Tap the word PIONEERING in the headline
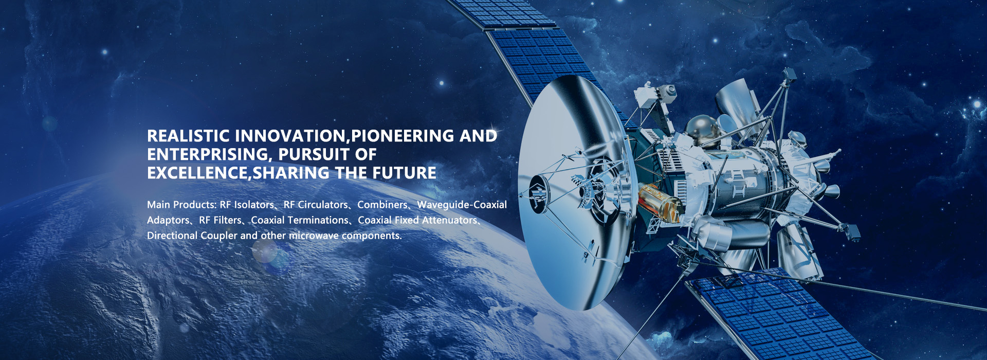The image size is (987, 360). click(x=403, y=136)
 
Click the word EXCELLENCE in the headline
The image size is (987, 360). click(x=197, y=173)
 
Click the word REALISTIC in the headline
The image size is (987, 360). click(x=188, y=136)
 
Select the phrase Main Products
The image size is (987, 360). click(x=181, y=205)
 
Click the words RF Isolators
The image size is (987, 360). click(x=247, y=205)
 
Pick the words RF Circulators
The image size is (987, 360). click(x=316, y=205)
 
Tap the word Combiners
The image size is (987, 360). click(x=382, y=205)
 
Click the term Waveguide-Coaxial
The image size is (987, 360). click(x=462, y=205)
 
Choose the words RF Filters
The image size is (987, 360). click(x=221, y=220)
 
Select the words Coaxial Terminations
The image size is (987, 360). click(x=300, y=220)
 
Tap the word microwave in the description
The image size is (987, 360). click(x=314, y=236)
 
